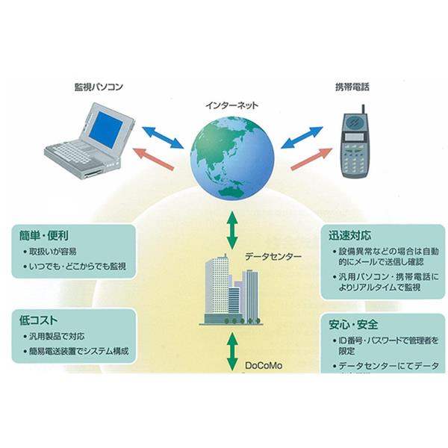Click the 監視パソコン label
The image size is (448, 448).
point(98,87)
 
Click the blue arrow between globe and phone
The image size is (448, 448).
point(302,137)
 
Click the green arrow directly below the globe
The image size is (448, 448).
point(231,230)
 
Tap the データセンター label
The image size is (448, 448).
point(273,257)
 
